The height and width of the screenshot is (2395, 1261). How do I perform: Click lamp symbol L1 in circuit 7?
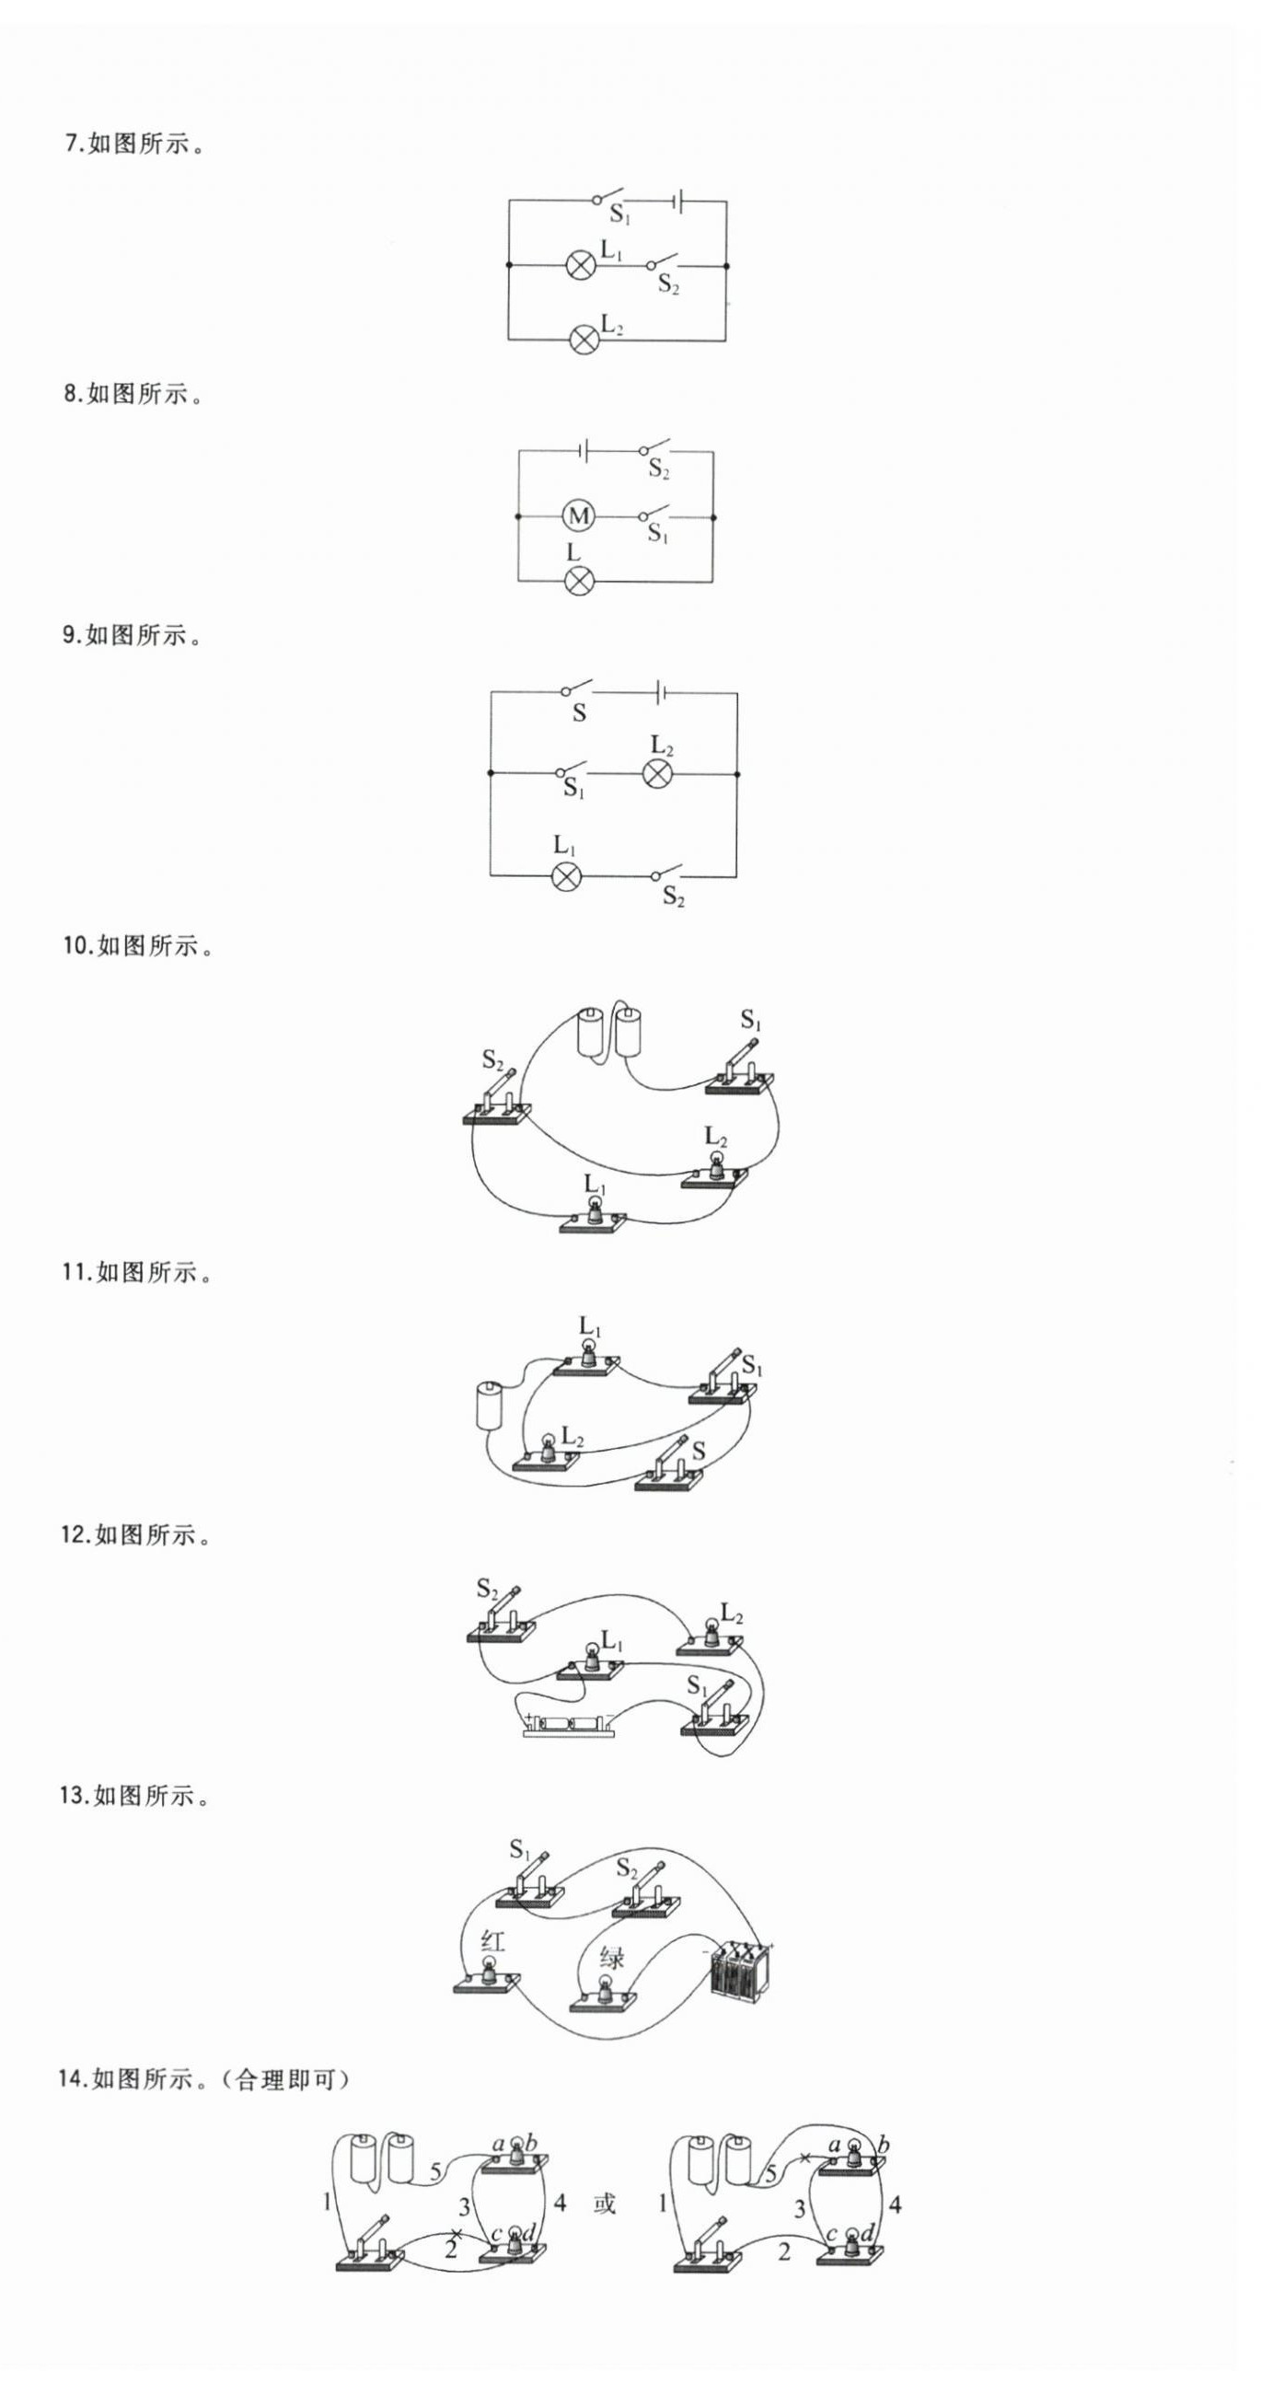pos(581,266)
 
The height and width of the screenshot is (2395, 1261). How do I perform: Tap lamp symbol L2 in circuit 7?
pos(583,340)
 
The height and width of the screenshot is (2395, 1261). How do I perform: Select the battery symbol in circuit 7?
pos(679,201)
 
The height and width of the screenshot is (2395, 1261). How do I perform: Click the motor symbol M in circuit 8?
pos(578,516)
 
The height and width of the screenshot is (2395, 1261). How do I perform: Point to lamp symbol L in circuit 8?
pos(578,581)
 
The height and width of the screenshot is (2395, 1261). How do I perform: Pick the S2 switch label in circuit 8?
pos(659,469)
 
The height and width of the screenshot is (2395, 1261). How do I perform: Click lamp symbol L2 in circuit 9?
pos(658,773)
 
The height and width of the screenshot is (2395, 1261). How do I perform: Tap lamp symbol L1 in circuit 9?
pos(566,876)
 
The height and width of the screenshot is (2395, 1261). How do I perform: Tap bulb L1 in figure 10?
pos(595,1212)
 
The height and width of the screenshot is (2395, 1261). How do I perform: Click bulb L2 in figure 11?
pos(549,1452)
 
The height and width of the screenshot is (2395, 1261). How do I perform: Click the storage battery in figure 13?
pos(739,1969)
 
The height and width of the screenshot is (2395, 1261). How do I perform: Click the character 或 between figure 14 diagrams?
pos(605,2204)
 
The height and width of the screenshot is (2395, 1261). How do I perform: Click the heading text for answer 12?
pos(136,1535)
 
